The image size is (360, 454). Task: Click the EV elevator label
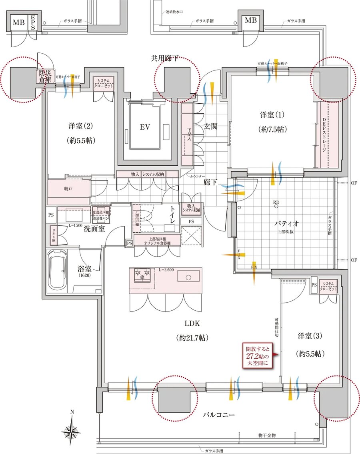(x=145, y=127)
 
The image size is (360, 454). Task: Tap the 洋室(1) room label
(x=272, y=115)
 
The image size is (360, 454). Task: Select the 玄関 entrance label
(x=211, y=126)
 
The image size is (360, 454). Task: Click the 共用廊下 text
(x=165, y=58)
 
